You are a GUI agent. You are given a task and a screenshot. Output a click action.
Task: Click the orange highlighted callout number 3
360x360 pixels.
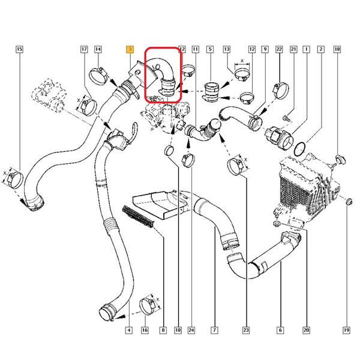130,49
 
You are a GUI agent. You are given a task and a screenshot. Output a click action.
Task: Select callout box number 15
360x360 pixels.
20,49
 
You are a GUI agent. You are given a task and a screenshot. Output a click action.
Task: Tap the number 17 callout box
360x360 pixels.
84,49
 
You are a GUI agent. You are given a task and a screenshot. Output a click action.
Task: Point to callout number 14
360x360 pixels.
98,49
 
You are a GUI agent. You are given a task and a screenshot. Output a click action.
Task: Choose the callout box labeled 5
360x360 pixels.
210,49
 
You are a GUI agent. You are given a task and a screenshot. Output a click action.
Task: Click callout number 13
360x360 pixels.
227,49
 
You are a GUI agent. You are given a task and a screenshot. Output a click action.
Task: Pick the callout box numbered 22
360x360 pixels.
279,49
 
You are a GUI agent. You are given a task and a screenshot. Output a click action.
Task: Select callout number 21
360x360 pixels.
293,49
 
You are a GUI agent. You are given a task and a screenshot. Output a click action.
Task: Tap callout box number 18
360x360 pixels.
337,49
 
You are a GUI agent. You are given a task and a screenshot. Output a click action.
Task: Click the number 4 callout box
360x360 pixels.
129,330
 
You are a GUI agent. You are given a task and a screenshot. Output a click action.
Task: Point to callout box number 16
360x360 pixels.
145,330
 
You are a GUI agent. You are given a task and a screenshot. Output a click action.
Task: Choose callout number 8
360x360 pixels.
163,330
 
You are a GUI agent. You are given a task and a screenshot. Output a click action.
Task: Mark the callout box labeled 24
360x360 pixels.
191,330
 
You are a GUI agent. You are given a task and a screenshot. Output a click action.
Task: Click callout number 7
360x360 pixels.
214,330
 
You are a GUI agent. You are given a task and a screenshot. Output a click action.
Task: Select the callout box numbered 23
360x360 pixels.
245,330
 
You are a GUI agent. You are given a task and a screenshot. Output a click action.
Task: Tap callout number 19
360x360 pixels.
346,330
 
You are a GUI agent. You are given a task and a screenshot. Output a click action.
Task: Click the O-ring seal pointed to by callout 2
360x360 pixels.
300,145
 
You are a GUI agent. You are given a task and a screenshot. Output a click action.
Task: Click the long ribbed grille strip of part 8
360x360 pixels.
138,216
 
